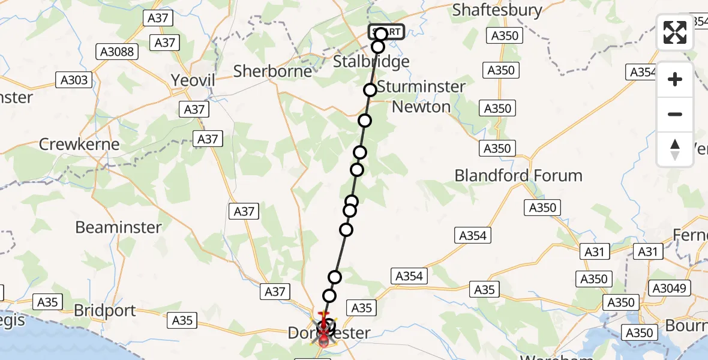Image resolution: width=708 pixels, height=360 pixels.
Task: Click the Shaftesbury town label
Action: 497,10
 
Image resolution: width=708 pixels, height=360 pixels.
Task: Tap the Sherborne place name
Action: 272,71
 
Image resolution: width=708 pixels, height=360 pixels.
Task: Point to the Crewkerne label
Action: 79,145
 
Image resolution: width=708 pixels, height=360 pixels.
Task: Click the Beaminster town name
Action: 118,227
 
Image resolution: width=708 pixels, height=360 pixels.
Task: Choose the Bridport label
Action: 105,311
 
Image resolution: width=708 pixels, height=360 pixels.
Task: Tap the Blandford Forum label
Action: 518,176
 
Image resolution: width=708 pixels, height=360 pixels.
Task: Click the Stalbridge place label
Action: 371,62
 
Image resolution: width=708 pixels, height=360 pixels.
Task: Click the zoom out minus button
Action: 675,114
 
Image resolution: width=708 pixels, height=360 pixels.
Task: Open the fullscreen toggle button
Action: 675,32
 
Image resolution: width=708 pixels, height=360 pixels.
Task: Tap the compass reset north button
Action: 675,149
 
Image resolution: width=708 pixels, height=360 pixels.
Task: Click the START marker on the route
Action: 387,32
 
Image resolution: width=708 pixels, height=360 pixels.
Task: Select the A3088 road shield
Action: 117,52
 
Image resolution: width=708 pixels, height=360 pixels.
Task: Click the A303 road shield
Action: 74,79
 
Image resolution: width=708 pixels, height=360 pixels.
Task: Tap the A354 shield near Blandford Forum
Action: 472,236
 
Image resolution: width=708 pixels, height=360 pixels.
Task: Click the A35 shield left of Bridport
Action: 47,302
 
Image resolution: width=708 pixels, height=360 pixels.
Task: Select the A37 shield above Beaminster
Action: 244,211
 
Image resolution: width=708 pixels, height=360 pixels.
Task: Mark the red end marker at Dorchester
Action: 324,341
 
